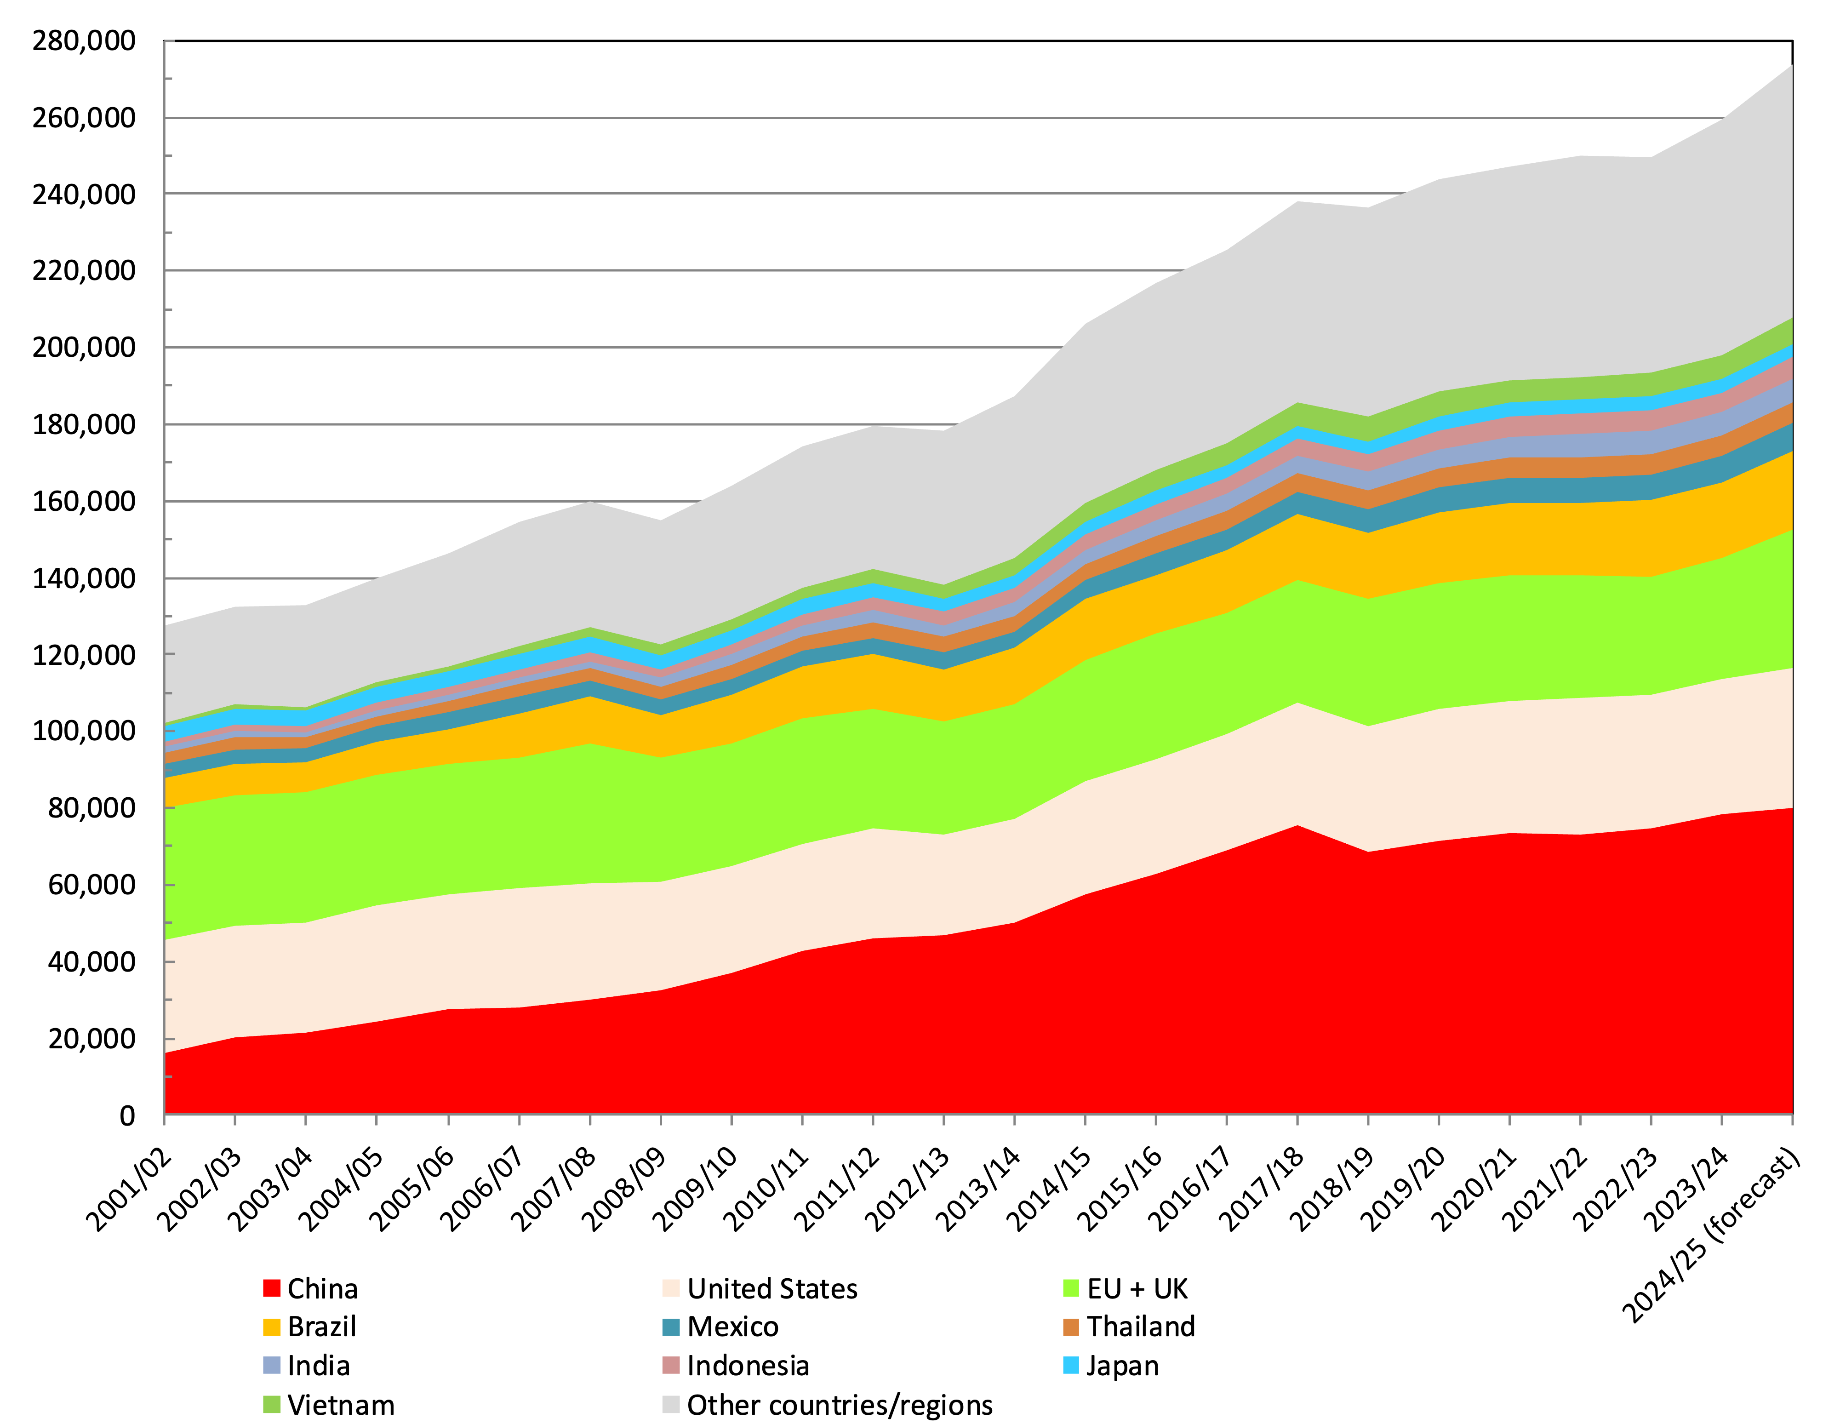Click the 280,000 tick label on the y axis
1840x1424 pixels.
[x=83, y=40]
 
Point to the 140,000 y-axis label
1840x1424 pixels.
[x=83, y=578]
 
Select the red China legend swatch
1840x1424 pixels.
[x=271, y=1288]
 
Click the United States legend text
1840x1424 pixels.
[x=771, y=1288]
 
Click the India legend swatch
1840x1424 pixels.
[x=271, y=1365]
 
